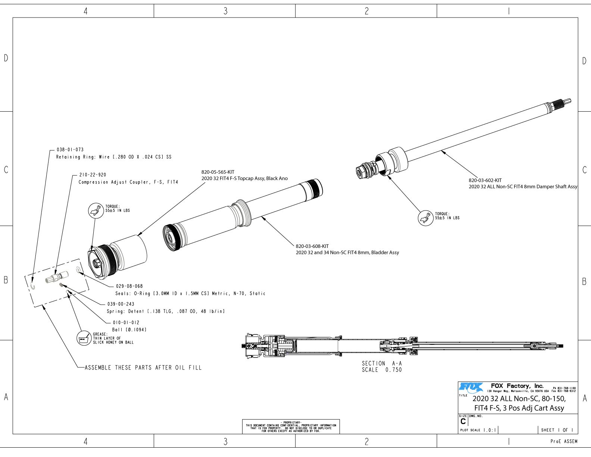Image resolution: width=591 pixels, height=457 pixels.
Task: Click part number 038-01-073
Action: (x=70, y=150)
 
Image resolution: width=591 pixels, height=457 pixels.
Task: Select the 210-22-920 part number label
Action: (x=93, y=175)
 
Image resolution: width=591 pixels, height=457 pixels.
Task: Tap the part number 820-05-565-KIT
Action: (x=218, y=172)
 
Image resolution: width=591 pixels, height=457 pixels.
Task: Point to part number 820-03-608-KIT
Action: (x=312, y=246)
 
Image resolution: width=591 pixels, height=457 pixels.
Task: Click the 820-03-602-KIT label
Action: (x=485, y=180)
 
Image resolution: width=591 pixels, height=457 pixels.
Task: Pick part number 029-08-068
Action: (x=129, y=286)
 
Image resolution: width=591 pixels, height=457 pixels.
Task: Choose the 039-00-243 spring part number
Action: (x=121, y=304)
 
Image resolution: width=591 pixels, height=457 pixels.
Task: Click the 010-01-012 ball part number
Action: (x=126, y=323)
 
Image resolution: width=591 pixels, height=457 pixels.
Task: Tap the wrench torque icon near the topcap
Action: (x=96, y=211)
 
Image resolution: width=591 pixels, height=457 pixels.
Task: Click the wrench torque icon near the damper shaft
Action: (x=425, y=218)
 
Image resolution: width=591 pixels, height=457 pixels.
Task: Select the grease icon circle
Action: (x=84, y=339)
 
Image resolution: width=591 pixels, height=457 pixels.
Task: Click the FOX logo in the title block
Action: (x=471, y=387)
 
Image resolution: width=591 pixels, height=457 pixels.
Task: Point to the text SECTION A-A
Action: (x=382, y=363)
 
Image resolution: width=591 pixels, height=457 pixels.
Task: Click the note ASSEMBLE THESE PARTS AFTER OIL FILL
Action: (x=143, y=368)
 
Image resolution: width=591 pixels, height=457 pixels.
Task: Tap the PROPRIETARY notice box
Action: (x=291, y=426)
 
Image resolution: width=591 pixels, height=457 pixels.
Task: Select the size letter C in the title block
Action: (x=463, y=422)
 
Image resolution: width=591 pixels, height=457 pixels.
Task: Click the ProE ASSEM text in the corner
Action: (x=564, y=441)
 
